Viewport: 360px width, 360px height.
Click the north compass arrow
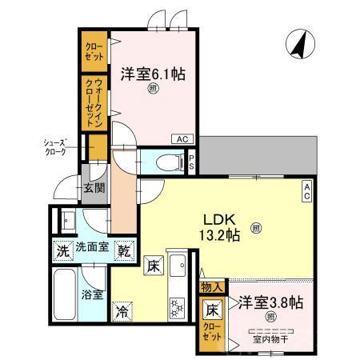(x=297, y=43)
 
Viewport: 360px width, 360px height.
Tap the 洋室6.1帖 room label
(x=153, y=74)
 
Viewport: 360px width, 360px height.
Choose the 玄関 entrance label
(x=94, y=189)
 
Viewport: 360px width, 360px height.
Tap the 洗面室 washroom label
(x=92, y=250)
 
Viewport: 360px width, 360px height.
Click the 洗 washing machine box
(x=62, y=250)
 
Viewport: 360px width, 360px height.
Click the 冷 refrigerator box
(x=122, y=310)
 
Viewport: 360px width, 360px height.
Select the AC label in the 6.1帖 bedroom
(x=182, y=138)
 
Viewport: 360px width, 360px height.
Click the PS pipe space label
(x=192, y=160)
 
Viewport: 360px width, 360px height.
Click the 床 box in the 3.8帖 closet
(x=211, y=308)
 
